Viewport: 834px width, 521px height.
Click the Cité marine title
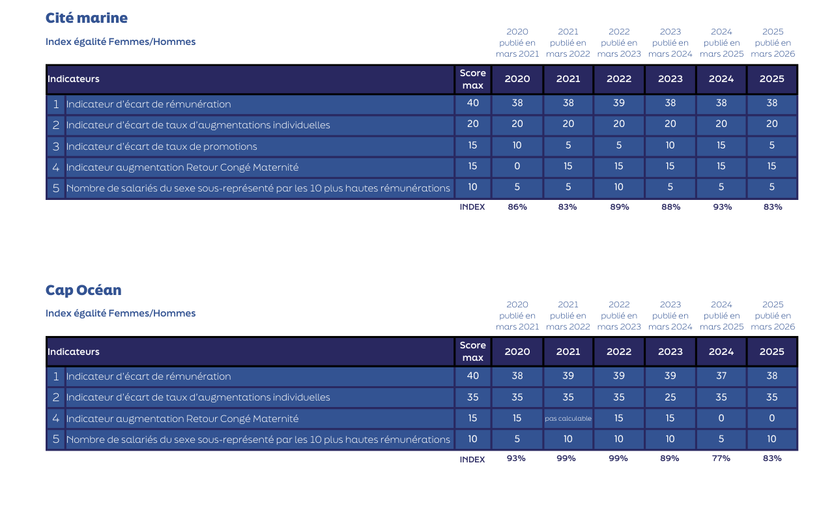coord(87,18)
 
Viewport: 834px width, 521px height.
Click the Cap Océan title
coord(83,290)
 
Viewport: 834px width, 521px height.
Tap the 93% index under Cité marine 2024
coord(721,207)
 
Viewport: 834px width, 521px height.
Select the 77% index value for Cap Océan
coord(721,458)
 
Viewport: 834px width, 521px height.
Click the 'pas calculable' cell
coord(568,419)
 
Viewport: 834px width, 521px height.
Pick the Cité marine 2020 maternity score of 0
coord(517,167)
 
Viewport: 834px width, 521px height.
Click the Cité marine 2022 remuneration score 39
coord(619,104)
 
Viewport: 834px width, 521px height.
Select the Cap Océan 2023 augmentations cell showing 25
coord(670,397)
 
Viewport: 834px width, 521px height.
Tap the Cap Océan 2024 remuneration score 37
coord(721,376)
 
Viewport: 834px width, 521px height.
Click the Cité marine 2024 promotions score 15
coord(721,146)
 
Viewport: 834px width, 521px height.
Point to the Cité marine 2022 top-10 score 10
coord(619,188)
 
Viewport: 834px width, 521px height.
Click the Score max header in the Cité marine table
coord(472,79)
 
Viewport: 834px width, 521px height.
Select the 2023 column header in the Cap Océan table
coord(670,352)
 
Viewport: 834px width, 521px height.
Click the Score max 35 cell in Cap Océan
coord(472,397)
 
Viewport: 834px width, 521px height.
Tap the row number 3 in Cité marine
coord(56,147)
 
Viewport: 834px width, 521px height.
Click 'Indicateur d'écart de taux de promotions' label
coord(162,147)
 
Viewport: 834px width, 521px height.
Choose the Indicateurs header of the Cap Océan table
coord(74,352)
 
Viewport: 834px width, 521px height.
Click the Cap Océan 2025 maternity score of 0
coord(772,419)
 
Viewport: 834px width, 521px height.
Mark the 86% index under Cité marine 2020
coord(517,207)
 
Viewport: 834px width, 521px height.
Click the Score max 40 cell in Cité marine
coord(472,104)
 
